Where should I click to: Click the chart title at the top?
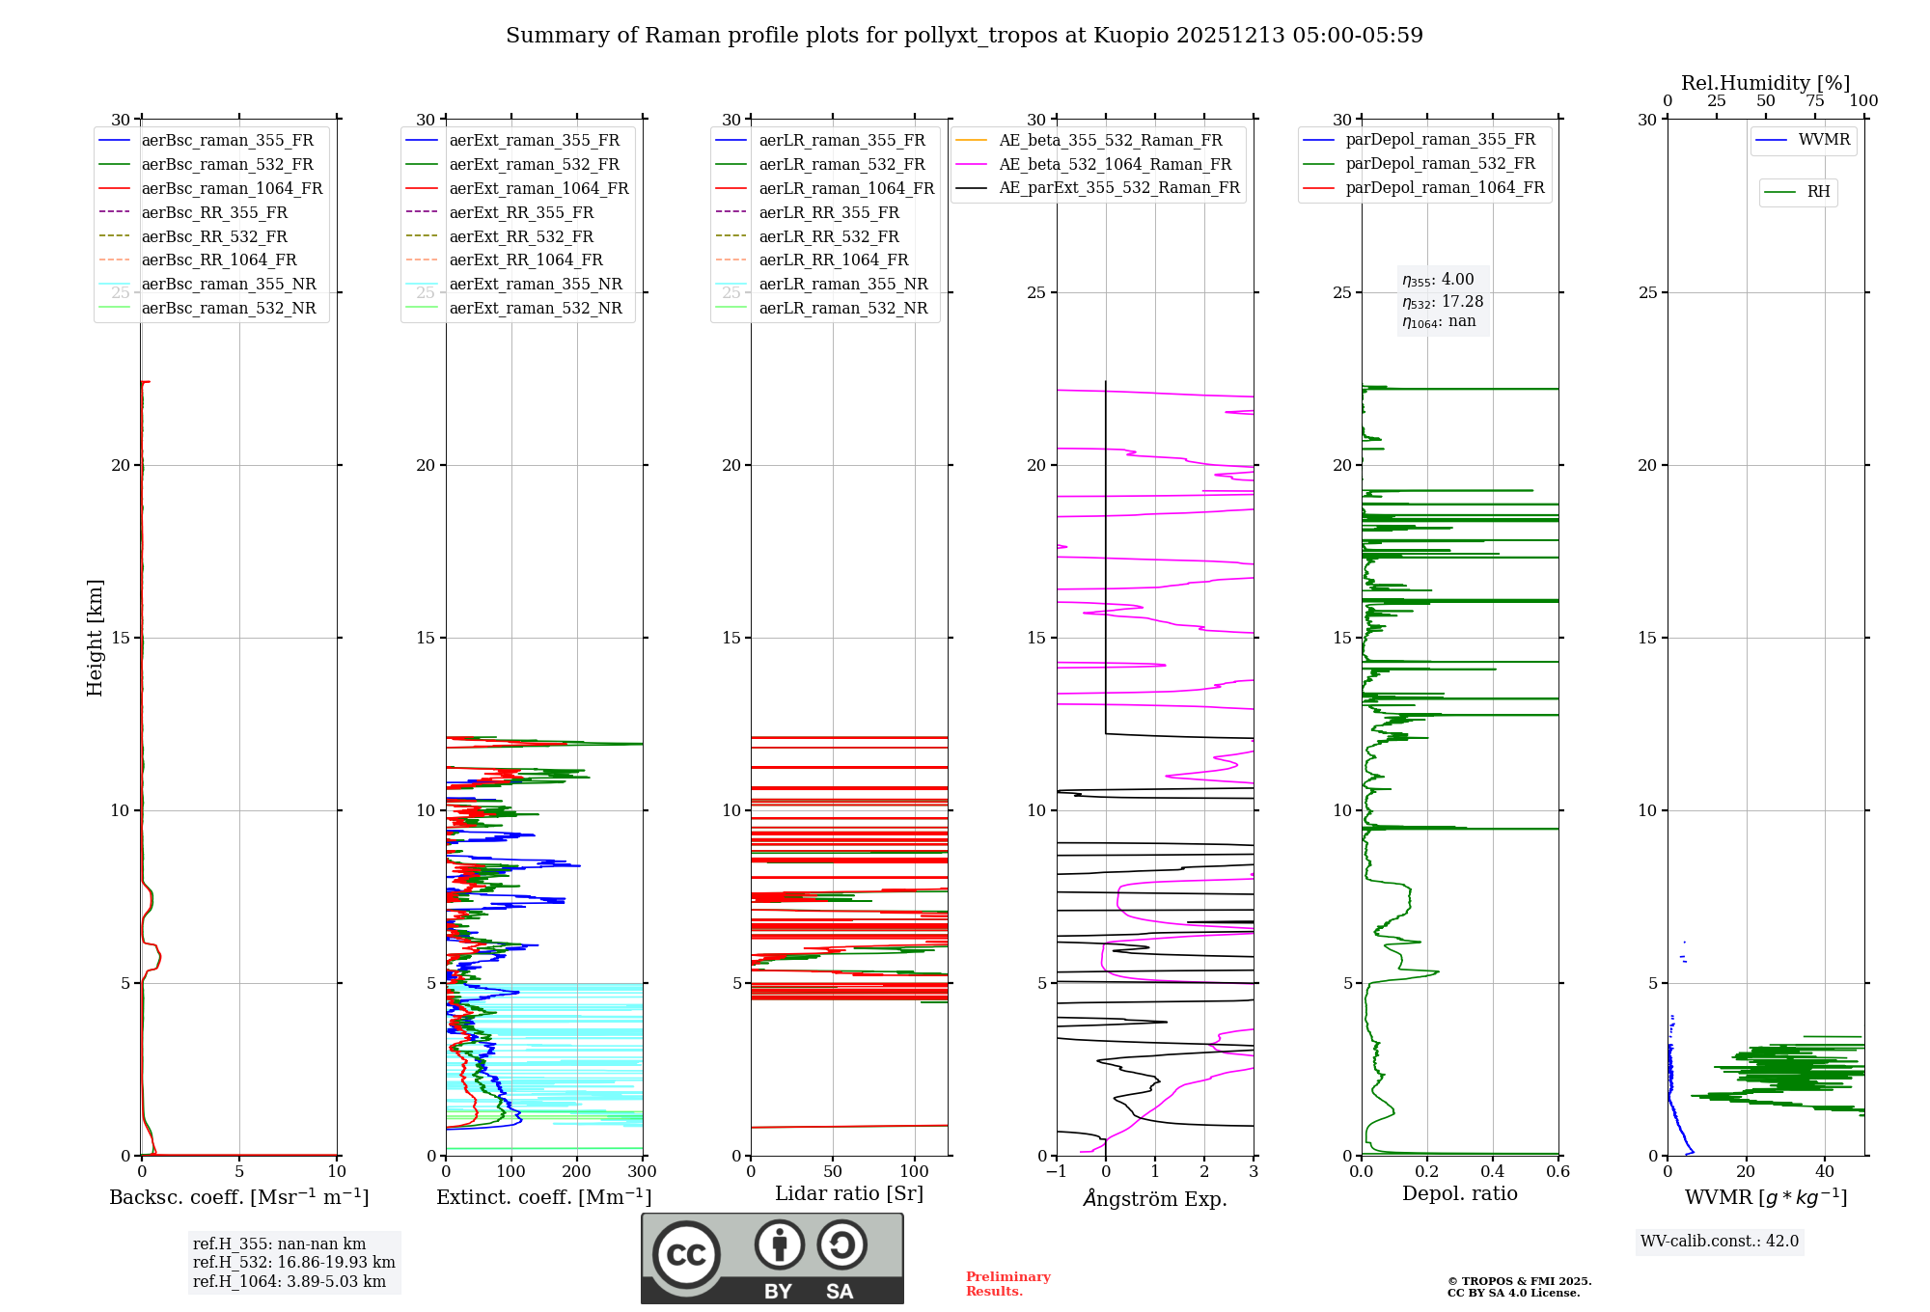[x=964, y=36]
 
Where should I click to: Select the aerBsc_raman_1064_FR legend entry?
[x=232, y=188]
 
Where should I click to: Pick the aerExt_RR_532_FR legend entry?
[x=521, y=236]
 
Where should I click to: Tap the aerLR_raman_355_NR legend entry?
[x=842, y=284]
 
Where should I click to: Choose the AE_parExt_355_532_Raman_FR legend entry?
[x=1118, y=187]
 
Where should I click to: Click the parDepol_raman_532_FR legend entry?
[x=1440, y=164]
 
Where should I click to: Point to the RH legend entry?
[x=1818, y=192]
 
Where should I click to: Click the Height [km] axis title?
[x=95, y=638]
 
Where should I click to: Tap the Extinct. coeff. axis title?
[x=544, y=1197]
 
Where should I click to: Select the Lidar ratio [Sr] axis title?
[x=849, y=1193]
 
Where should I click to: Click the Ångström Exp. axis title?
[x=1155, y=1199]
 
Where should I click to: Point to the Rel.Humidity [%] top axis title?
[x=1765, y=83]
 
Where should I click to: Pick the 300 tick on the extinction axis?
[x=642, y=1172]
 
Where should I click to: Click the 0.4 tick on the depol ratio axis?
[x=1493, y=1172]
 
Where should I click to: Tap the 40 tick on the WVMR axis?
[x=1825, y=1172]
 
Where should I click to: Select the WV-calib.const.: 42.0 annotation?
[x=1720, y=1241]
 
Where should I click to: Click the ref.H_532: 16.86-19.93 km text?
[x=293, y=1262]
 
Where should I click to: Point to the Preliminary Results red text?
[x=1007, y=1284]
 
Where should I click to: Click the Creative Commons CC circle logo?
[x=686, y=1254]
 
